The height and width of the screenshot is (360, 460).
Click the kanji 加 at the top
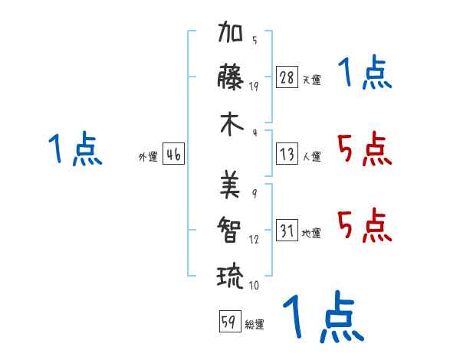pyautogui.click(x=230, y=31)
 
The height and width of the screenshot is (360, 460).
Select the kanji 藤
pyautogui.click(x=231, y=77)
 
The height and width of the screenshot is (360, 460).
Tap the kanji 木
pyautogui.click(x=232, y=124)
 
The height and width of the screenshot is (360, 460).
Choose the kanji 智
pyautogui.click(x=229, y=230)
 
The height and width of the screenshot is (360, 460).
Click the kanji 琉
pyautogui.click(x=230, y=277)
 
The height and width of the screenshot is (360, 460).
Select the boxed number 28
pyautogui.click(x=287, y=77)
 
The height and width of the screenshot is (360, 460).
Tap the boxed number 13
pyautogui.click(x=287, y=154)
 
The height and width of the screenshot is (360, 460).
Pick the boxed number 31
pyautogui.click(x=287, y=230)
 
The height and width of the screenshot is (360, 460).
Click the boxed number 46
pyautogui.click(x=173, y=154)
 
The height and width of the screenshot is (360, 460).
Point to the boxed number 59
pyautogui.click(x=230, y=321)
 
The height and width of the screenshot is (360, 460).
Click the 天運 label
pyautogui.click(x=311, y=80)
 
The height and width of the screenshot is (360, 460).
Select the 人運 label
pyautogui.click(x=311, y=156)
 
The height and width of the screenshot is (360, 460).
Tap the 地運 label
pyautogui.click(x=311, y=233)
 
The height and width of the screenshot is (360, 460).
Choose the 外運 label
pyautogui.click(x=148, y=156)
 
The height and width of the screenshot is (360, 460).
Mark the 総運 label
pyautogui.click(x=255, y=324)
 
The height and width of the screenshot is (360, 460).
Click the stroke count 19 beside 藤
pyautogui.click(x=254, y=87)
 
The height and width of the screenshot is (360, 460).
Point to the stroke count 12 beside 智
pyautogui.click(x=254, y=240)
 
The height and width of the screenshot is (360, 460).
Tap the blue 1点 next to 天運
pyautogui.click(x=365, y=72)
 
